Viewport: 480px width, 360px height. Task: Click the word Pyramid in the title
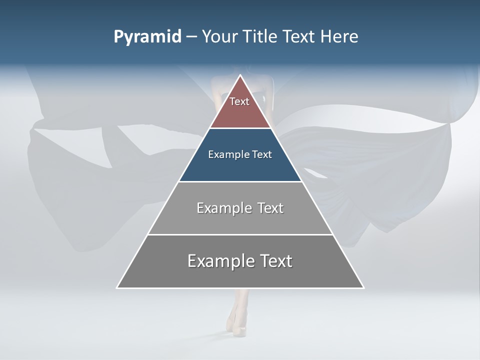pyautogui.click(x=147, y=37)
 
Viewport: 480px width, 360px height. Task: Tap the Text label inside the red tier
pyautogui.click(x=239, y=101)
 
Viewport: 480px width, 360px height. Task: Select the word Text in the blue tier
pyautogui.click(x=262, y=154)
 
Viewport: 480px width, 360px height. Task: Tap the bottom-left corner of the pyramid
pyautogui.click(x=117, y=287)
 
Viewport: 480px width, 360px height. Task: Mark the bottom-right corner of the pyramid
pyautogui.click(x=363, y=287)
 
